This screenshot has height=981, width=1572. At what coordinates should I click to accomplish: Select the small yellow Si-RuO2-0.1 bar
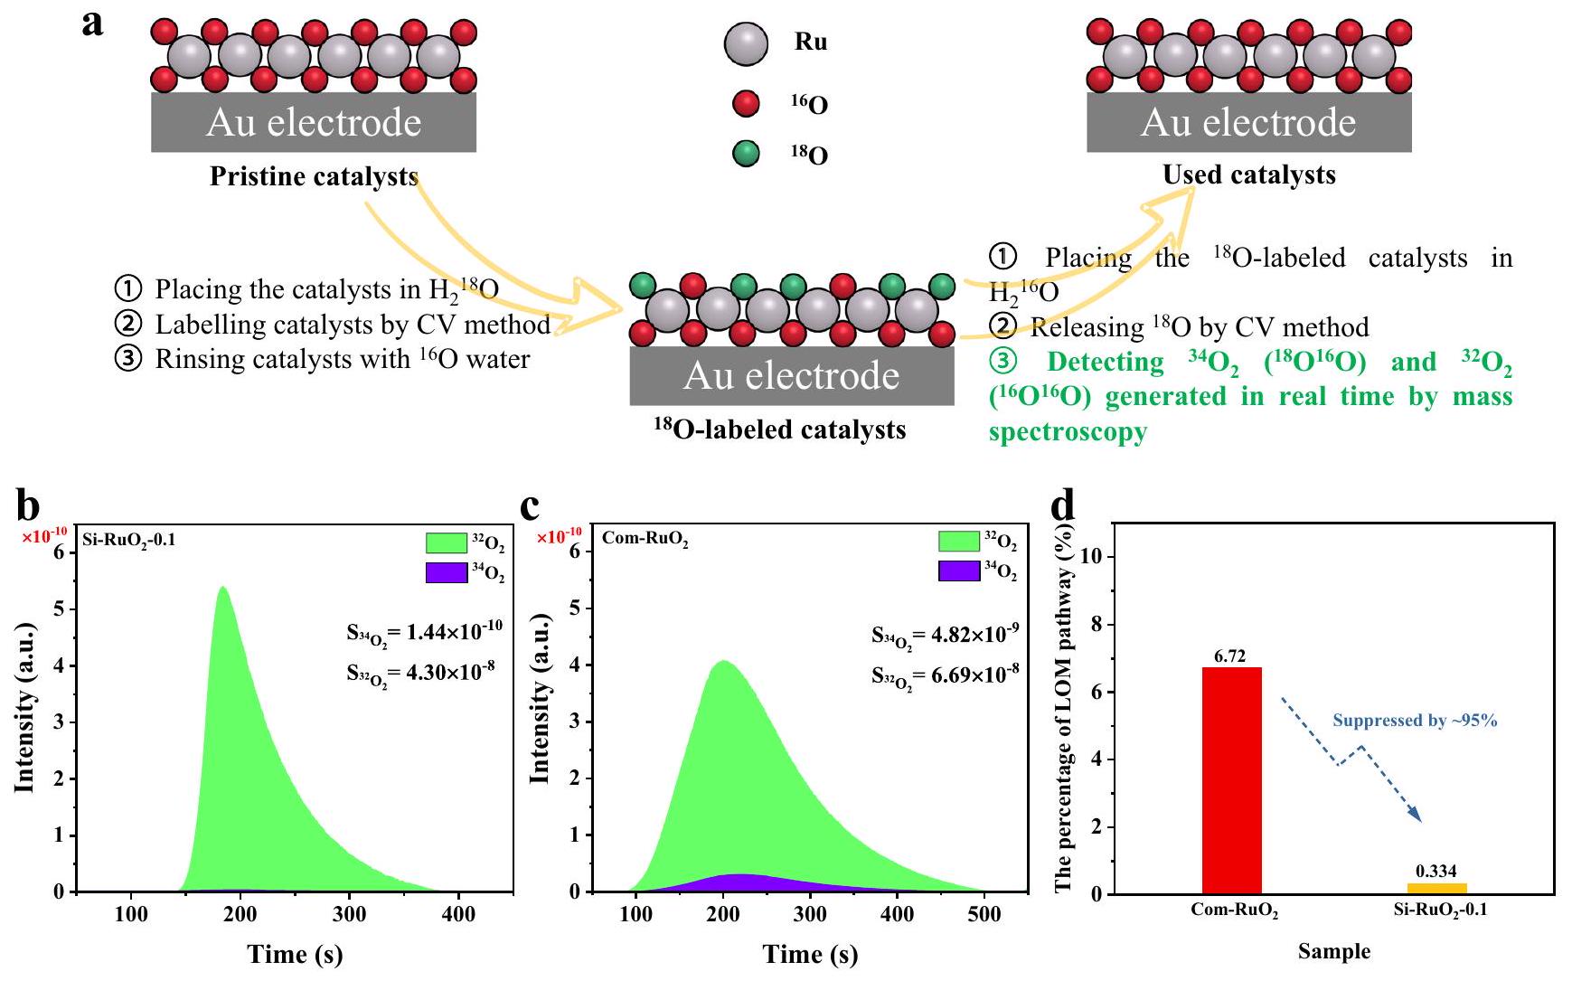tap(1437, 888)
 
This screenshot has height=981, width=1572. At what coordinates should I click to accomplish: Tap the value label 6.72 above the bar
tap(1231, 656)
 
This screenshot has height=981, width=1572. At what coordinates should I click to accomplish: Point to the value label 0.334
tap(1436, 872)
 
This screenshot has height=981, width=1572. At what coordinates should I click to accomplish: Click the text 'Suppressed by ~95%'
tap(1415, 721)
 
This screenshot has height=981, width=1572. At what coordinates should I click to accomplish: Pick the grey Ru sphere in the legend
tap(746, 43)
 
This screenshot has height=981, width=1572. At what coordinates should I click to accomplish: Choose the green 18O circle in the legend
tap(746, 154)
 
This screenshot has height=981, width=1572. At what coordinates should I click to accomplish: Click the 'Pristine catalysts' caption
tap(314, 176)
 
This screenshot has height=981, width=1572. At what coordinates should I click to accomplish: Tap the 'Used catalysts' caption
tap(1248, 175)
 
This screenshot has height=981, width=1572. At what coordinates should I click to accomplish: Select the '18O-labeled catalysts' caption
tap(779, 429)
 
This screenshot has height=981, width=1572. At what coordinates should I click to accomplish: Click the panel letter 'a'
tap(92, 23)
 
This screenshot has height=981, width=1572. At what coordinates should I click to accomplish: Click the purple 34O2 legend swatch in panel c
tap(959, 571)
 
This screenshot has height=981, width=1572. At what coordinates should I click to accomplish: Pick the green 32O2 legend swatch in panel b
tap(447, 542)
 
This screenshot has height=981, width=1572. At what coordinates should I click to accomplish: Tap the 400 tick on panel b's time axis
tap(458, 914)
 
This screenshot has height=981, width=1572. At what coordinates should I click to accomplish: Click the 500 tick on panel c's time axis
tap(984, 914)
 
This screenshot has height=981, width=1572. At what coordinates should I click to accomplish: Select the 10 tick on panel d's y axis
tap(1092, 557)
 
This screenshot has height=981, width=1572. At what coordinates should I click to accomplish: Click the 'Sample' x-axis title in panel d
tap(1333, 951)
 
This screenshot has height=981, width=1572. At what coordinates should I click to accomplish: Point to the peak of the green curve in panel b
tap(221, 587)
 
